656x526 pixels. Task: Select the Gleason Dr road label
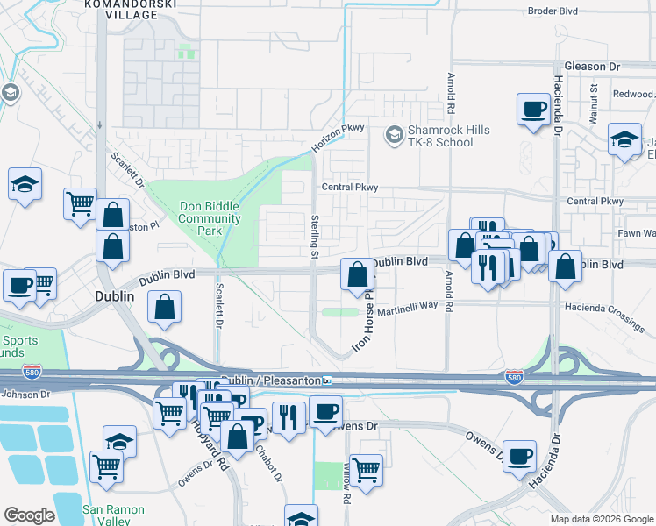coord(592,67)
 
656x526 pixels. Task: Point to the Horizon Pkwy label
coord(337,137)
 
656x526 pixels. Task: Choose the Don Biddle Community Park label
coord(209,218)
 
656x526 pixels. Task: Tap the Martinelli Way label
coord(408,305)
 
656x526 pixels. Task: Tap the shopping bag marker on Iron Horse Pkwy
coord(357,275)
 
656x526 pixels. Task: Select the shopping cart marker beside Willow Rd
coord(366,470)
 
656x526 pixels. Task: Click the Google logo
coord(29,515)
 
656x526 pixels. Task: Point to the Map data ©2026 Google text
coord(602,519)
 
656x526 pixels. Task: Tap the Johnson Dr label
coord(19,394)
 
